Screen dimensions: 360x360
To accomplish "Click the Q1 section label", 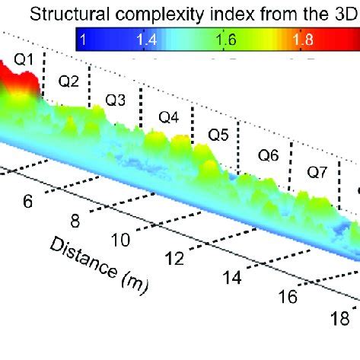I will click(25, 58).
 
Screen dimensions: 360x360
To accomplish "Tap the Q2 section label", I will click(69, 81).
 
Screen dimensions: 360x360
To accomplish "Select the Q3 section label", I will click(116, 99).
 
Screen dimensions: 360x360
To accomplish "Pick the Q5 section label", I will click(218, 135).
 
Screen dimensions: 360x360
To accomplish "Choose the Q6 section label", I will click(268, 155).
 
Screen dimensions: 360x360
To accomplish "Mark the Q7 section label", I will click(317, 173).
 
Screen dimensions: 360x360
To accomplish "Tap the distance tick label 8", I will click(76, 221).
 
